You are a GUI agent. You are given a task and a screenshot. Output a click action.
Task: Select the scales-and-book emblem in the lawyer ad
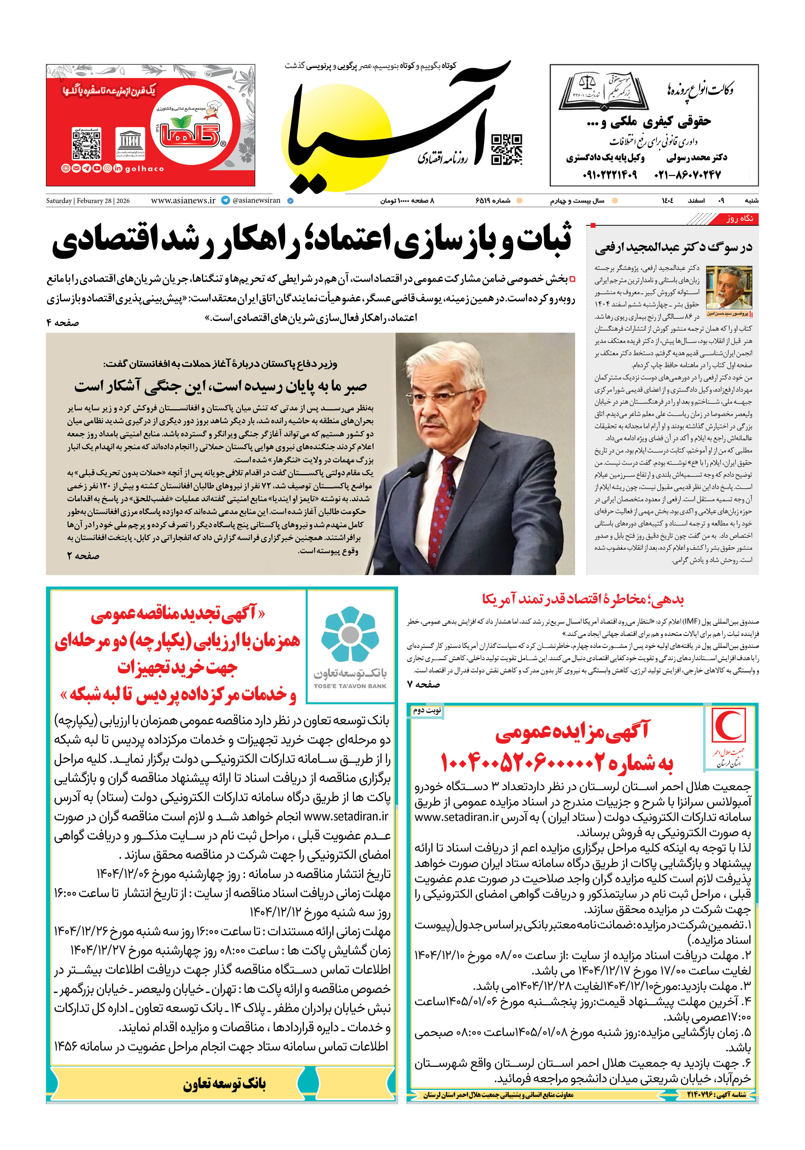[x=604, y=90]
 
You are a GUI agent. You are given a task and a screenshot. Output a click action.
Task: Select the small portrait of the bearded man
[x=729, y=287]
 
